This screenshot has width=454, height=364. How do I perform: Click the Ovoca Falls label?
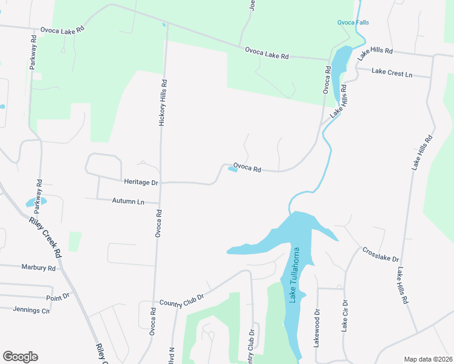point(353,22)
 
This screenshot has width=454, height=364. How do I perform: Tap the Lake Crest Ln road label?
point(391,73)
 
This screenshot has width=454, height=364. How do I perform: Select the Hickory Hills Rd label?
point(163,103)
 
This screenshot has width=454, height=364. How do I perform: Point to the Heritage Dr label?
point(141,182)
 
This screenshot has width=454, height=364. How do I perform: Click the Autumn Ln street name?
point(128,201)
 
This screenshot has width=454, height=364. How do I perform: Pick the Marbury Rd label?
point(38,268)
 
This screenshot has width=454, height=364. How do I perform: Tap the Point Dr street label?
point(58,297)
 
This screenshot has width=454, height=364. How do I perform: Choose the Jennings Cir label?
point(32,309)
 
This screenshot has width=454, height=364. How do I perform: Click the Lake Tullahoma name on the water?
point(294,277)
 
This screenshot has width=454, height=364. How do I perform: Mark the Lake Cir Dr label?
point(344,315)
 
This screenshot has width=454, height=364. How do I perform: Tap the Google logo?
point(20,357)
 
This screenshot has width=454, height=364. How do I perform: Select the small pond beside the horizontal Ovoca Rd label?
point(232,170)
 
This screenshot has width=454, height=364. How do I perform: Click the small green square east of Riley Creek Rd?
point(75,241)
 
